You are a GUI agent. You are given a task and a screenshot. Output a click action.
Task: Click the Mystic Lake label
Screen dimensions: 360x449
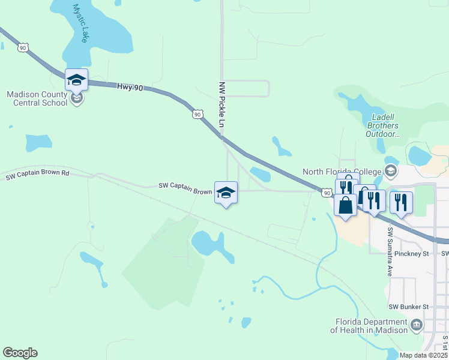pos(80,23)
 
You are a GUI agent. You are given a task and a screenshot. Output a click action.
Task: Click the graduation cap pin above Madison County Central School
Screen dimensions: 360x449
pos(77,80)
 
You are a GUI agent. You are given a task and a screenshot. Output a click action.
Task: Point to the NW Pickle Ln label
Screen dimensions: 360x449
pos(221,104)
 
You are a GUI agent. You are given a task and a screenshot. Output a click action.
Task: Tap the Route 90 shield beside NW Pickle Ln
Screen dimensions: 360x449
pos(197,114)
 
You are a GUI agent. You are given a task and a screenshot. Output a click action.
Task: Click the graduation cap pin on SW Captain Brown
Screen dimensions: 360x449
pos(226,193)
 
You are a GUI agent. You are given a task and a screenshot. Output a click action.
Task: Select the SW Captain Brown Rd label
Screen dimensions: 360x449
pos(37,175)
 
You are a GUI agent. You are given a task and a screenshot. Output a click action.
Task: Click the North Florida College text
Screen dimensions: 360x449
pos(342,172)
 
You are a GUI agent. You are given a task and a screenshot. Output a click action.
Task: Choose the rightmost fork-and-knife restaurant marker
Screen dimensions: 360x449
pos(401,203)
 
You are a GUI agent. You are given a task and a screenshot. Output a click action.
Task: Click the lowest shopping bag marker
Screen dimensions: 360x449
pos(345,205)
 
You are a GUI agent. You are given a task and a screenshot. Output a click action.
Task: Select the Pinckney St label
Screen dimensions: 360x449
pos(411,254)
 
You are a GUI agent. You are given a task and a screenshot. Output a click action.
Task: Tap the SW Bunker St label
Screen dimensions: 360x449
pos(408,307)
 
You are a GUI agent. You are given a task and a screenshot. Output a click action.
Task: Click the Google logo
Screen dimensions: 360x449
pos(20,353)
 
